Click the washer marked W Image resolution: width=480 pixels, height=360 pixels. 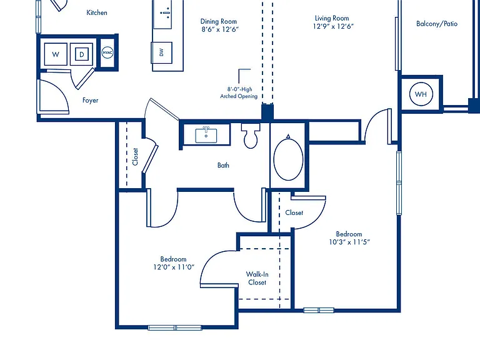click(x=56, y=54)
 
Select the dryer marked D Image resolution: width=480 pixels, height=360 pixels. click(x=81, y=54)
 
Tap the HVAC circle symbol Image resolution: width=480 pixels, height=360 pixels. click(x=107, y=52)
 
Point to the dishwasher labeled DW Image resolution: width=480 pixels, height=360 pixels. click(x=161, y=52)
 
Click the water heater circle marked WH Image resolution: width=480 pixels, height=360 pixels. click(x=421, y=94)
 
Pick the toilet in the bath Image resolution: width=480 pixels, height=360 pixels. click(x=251, y=136)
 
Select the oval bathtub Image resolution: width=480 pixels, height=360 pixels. click(x=288, y=159)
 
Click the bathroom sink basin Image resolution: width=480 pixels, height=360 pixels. click(x=206, y=136)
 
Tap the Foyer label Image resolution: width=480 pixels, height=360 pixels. click(x=90, y=100)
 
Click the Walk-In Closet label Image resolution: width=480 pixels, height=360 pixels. click(x=257, y=278)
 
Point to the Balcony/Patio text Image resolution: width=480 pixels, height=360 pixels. click(x=437, y=24)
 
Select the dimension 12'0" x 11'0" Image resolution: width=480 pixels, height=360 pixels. click(x=174, y=267)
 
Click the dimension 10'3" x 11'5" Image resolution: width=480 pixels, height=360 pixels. click(x=349, y=242)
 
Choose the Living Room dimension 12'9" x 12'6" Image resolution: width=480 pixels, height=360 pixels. click(x=333, y=26)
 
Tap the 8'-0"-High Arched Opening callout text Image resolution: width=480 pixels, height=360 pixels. click(x=239, y=92)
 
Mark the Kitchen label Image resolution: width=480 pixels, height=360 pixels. click(x=97, y=12)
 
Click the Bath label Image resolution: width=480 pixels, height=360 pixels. click(x=223, y=165)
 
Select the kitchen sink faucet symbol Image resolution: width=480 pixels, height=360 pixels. click(x=166, y=13)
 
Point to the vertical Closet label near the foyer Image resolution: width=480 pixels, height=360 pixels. click(x=135, y=157)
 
